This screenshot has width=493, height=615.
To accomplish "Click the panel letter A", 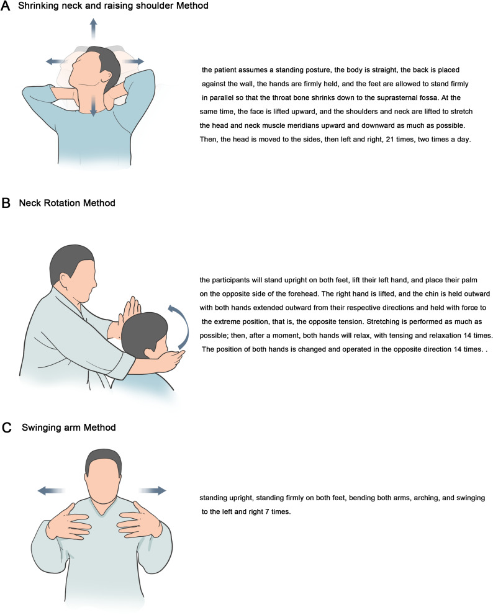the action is pyautogui.click(x=6, y=6).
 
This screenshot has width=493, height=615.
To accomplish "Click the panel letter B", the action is pyautogui.click(x=6, y=203).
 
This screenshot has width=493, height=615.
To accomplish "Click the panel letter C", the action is pyautogui.click(x=7, y=428).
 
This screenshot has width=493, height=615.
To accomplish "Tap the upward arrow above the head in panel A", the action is pyautogui.click(x=93, y=29).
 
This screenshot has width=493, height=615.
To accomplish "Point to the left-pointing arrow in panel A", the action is pyautogui.click(x=56, y=61).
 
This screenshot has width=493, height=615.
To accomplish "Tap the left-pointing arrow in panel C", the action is pyautogui.click(x=50, y=490).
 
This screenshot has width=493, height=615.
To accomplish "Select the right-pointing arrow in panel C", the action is pyautogui.click(x=153, y=490).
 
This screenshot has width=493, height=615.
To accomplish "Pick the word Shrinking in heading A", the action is pyautogui.click(x=38, y=6).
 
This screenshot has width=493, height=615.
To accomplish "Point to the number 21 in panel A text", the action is pyautogui.click(x=390, y=139).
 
